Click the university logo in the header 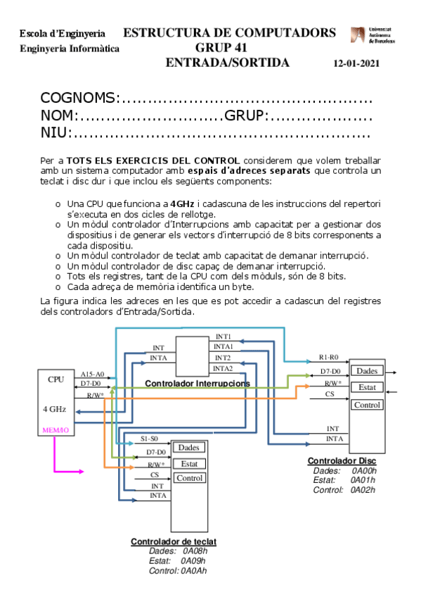[372, 36]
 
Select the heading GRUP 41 [221, 48]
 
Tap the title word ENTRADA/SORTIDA [227, 63]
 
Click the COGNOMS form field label [77, 98]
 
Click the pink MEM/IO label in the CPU [56, 429]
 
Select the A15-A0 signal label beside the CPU [92, 374]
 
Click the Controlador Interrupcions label [197, 383]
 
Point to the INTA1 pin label [224, 347]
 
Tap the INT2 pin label [223, 358]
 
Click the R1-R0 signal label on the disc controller [329, 357]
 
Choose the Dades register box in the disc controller [366, 371]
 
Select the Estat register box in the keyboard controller [188, 463]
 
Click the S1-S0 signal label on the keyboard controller [149, 439]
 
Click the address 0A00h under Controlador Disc [363, 471]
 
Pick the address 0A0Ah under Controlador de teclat [193, 571]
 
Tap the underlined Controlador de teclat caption [174, 541]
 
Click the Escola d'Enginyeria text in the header [63, 34]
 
